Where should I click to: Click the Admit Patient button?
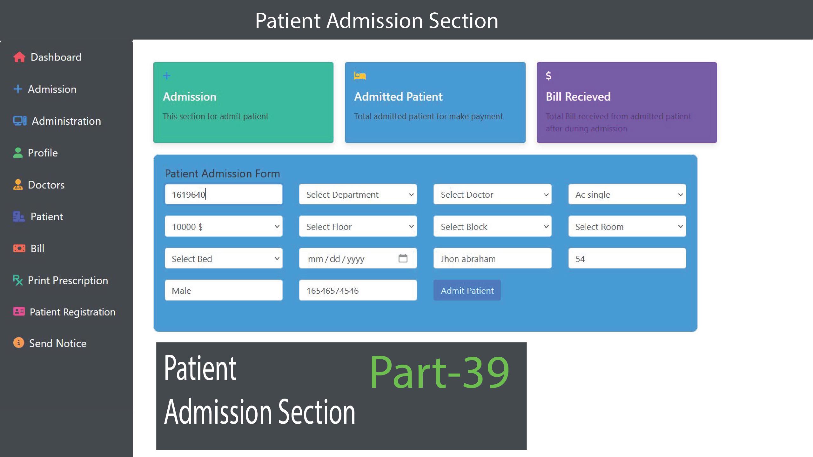467,290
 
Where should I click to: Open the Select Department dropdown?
358,194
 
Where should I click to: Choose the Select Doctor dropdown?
493,194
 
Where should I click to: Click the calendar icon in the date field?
403,258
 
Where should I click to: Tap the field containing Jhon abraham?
493,258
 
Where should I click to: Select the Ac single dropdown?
627,194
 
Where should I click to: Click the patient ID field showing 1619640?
224,194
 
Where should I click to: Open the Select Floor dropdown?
358,226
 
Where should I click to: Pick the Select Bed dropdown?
224,258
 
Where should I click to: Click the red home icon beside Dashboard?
19,57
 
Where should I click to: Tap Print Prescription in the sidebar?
68,281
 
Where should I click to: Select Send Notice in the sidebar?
58,343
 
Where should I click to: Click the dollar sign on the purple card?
548,76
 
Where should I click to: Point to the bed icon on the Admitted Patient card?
360,76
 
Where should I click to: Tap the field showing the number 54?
627,258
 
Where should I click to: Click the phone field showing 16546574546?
358,290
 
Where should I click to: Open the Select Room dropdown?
627,226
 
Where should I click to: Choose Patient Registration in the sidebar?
73,312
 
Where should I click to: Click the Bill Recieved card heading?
578,96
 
